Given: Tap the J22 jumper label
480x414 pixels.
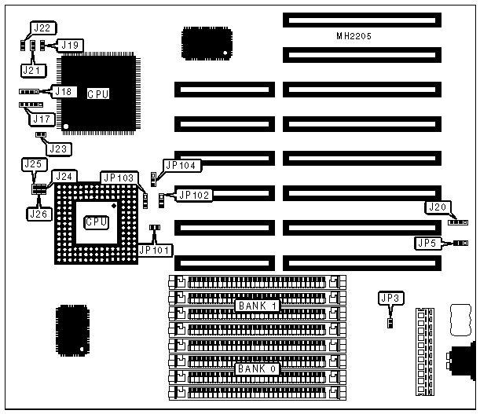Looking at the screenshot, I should pos(41,27).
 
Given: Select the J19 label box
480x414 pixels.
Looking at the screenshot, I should pos(69,45).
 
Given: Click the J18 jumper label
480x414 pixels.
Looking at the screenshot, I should pos(64,91).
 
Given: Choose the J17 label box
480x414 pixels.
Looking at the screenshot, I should pos(40,119).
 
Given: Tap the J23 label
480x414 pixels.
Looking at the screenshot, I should pos(57,147).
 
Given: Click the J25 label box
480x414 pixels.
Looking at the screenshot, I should pos(32,164).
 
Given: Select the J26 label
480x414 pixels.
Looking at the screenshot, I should pos(38,213).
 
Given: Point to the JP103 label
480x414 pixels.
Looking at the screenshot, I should pos(119,178).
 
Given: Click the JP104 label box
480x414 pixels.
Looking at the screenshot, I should pos(181,165).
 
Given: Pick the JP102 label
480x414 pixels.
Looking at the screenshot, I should pos(194,195).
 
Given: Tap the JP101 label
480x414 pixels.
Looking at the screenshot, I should pos(157,250).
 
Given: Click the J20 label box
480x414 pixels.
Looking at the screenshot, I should pos(436,207).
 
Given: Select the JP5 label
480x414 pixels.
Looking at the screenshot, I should pos(427,243).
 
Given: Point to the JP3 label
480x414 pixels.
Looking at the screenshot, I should pos(390,297).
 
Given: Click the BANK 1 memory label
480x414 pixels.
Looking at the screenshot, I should pos(255,305).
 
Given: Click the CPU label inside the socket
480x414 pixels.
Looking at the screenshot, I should pos(96,222).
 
